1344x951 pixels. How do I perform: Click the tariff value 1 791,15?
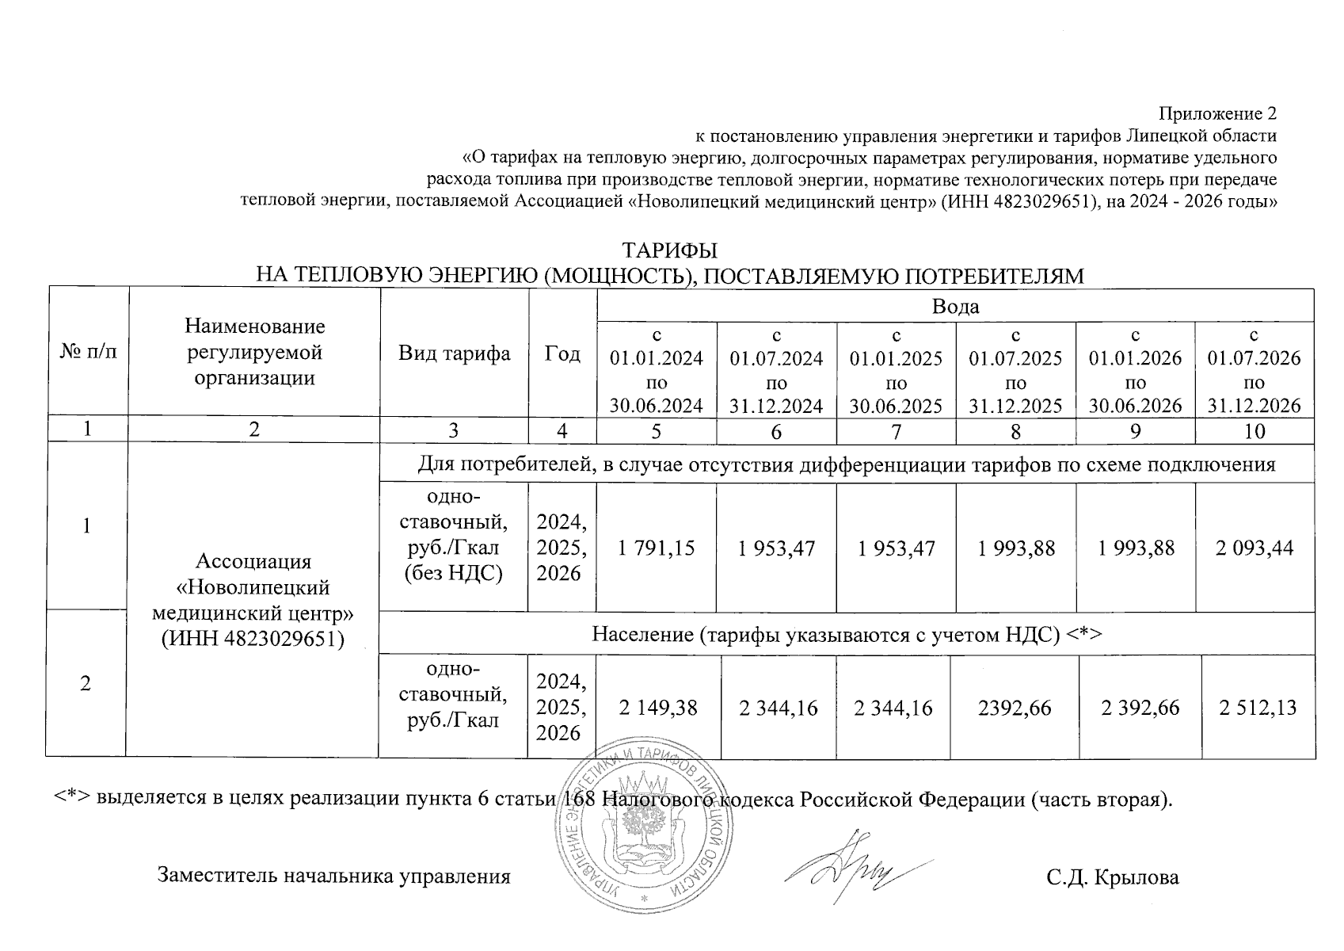657,548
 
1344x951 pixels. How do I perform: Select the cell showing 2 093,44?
1255,548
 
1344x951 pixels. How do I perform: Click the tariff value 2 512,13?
1258,707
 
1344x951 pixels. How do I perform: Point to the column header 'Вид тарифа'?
455,353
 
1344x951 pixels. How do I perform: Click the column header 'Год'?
562,353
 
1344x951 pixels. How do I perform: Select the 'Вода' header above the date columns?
955,307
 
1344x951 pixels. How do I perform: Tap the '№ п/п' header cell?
88,351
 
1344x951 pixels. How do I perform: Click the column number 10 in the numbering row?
1255,431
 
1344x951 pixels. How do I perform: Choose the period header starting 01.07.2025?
1015,370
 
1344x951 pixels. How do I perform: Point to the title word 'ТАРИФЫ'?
670,251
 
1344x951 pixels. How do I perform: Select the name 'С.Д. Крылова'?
1112,877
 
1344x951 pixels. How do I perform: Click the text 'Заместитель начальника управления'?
334,877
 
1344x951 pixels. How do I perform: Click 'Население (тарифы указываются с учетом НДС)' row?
847,635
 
